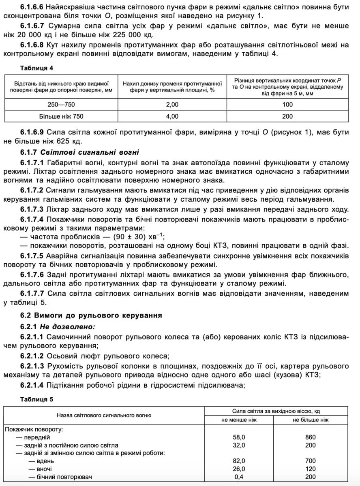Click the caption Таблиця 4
point(36,67)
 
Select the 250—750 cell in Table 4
point(61,105)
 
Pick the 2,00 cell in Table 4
point(172,105)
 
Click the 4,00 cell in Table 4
point(172,117)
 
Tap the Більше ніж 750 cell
point(61,117)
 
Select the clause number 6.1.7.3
point(32,209)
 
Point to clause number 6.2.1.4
point(32,385)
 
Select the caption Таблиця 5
point(36,399)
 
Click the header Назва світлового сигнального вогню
point(104,415)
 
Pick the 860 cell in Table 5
point(310,437)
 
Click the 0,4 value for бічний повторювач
point(239,477)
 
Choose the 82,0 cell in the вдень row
point(239,461)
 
